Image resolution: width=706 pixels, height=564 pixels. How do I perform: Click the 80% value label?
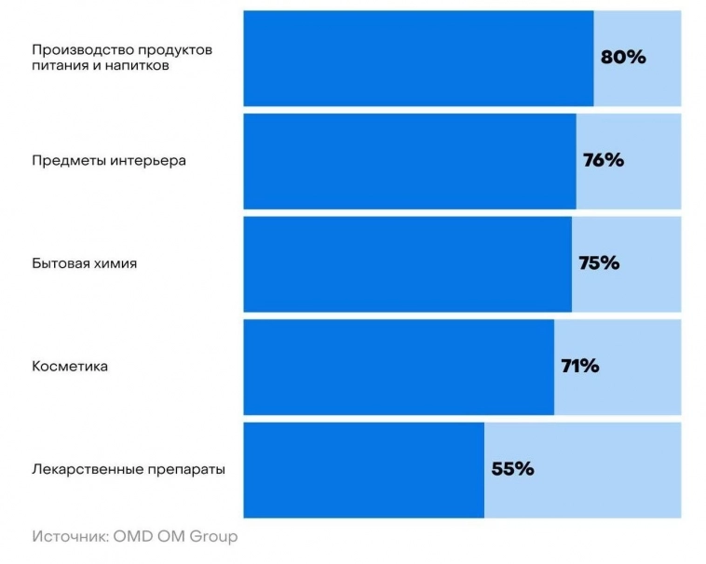pyautogui.click(x=622, y=57)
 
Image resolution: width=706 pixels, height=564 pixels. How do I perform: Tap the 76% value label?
pyautogui.click(x=603, y=160)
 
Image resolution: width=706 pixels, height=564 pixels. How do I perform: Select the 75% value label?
pyautogui.click(x=599, y=263)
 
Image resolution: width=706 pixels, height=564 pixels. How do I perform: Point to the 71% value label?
pyautogui.click(x=579, y=366)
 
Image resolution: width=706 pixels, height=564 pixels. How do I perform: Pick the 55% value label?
pyautogui.click(x=512, y=469)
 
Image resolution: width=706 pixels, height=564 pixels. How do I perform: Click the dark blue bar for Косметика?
pyautogui.click(x=399, y=367)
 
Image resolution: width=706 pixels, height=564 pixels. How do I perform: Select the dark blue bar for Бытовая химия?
pyautogui.click(x=407, y=264)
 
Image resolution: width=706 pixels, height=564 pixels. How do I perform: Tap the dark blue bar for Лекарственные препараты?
pyautogui.click(x=363, y=470)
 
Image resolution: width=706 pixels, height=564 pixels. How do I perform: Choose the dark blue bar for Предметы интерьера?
pyautogui.click(x=410, y=161)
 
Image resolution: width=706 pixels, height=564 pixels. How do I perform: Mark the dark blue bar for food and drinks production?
pyautogui.click(x=418, y=58)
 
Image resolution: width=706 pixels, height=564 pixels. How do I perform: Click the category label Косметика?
pyautogui.click(x=70, y=367)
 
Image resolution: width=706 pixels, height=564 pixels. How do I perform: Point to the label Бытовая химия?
pyautogui.click(x=85, y=263)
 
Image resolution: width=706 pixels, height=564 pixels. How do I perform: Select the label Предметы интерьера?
pyautogui.click(x=109, y=160)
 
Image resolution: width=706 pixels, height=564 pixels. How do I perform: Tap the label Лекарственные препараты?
pyautogui.click(x=129, y=469)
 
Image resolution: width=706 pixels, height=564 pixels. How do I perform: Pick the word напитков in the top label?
pyautogui.click(x=141, y=66)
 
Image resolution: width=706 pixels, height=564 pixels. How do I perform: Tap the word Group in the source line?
pyautogui.click(x=216, y=537)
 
